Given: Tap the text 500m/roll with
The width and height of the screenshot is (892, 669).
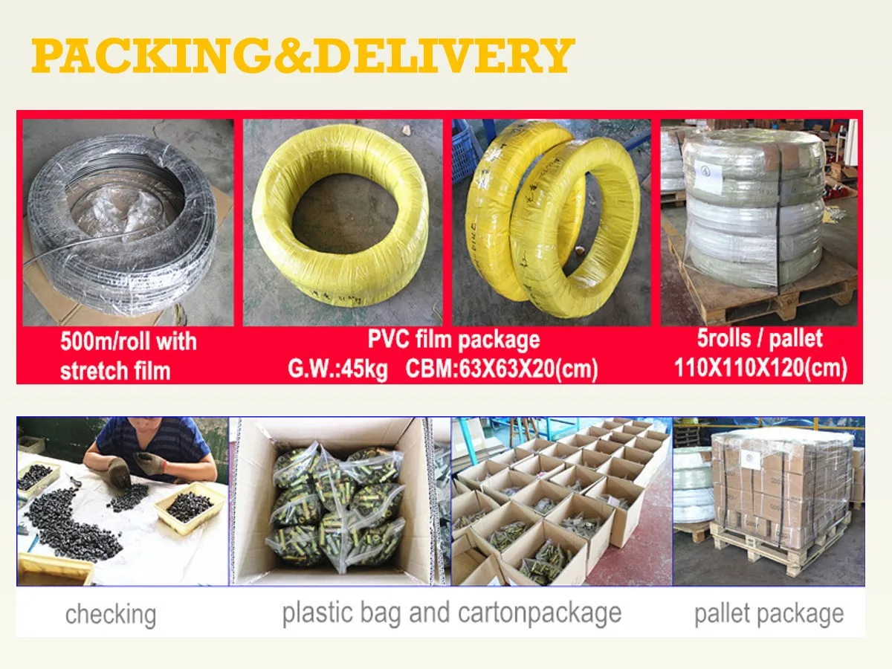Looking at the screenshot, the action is [x=129, y=342].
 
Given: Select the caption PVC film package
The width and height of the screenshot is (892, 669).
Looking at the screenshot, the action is [x=453, y=340].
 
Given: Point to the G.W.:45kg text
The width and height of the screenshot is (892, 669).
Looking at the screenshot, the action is [x=337, y=369].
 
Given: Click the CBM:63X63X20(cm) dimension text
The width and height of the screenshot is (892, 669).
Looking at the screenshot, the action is [x=502, y=369].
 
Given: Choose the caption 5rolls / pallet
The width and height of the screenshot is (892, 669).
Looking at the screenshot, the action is [x=760, y=339].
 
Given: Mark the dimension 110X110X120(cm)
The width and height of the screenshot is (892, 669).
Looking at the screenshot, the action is [x=760, y=368].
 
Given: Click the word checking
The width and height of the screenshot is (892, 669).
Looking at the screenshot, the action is [x=111, y=615].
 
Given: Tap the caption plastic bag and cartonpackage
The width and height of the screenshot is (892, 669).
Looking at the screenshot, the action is [x=451, y=613].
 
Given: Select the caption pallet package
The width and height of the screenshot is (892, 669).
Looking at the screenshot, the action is [x=769, y=614].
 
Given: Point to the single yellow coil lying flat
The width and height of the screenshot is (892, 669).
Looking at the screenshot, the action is [x=341, y=216].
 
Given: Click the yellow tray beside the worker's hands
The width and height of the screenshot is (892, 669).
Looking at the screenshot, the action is [x=190, y=509].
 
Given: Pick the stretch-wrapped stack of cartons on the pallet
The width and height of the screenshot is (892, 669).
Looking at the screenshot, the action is [x=780, y=483].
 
